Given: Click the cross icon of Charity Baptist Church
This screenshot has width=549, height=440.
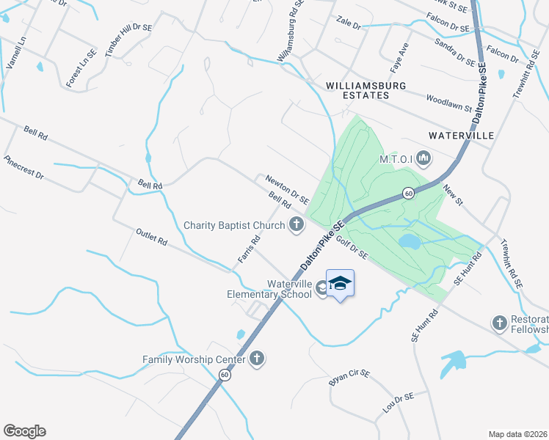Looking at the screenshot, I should (297, 225).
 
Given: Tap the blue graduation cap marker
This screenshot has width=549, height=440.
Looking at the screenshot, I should (340, 283).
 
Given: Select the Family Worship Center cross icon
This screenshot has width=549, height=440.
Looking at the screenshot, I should (256, 359).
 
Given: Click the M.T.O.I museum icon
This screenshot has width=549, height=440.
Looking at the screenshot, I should (423, 158).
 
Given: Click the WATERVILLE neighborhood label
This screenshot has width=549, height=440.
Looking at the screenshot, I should (462, 136).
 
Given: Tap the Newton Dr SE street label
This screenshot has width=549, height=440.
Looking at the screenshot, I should (287, 188).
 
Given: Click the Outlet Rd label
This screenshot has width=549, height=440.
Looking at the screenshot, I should (152, 238).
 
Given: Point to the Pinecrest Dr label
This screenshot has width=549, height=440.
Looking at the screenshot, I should (23, 168).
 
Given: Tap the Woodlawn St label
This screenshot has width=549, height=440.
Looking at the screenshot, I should (448, 102).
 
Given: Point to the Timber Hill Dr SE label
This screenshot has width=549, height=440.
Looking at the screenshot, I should (128, 40).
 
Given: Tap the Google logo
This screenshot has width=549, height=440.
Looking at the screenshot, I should (24, 431).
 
